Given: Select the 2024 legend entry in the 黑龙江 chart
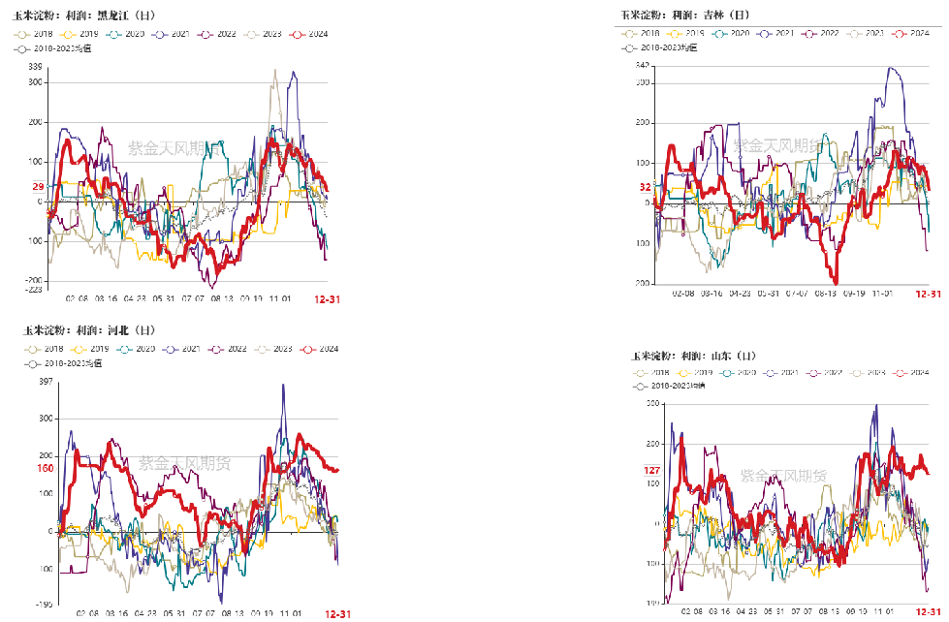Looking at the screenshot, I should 311,35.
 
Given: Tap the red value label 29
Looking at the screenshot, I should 38,187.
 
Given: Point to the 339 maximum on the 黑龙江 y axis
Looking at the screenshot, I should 35,67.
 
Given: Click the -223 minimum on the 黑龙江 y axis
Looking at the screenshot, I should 34,290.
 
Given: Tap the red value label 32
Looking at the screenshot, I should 645,187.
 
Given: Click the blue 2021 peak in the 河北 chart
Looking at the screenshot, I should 283,386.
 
